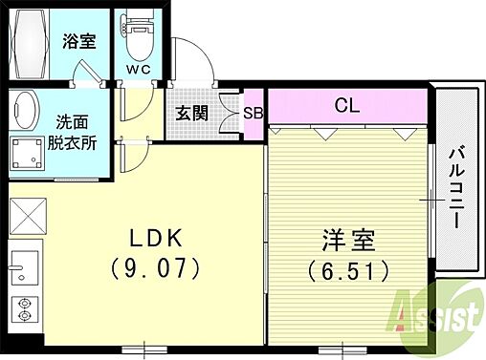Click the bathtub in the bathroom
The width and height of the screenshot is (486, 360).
pyautogui.click(x=32, y=44)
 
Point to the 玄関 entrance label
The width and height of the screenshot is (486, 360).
pyautogui.click(x=190, y=112)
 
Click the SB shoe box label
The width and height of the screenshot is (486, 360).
pyautogui.click(x=254, y=112)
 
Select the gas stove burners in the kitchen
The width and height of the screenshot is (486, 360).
pyautogui.click(x=25, y=308)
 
